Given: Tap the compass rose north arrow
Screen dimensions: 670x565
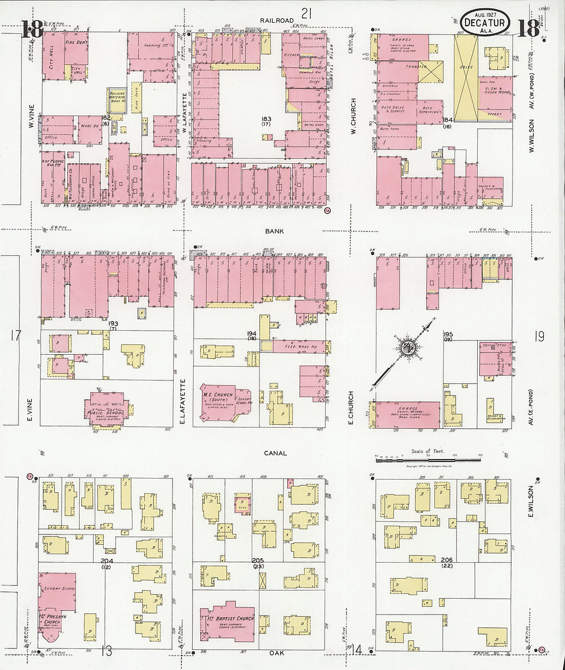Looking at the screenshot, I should point(408,347).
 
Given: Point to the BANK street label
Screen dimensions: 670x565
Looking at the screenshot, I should point(274,232).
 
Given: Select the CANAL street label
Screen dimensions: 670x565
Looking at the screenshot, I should point(275,453).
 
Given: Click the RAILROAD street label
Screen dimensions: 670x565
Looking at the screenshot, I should point(276,21).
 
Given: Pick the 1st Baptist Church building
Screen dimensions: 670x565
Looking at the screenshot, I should point(231,621).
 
